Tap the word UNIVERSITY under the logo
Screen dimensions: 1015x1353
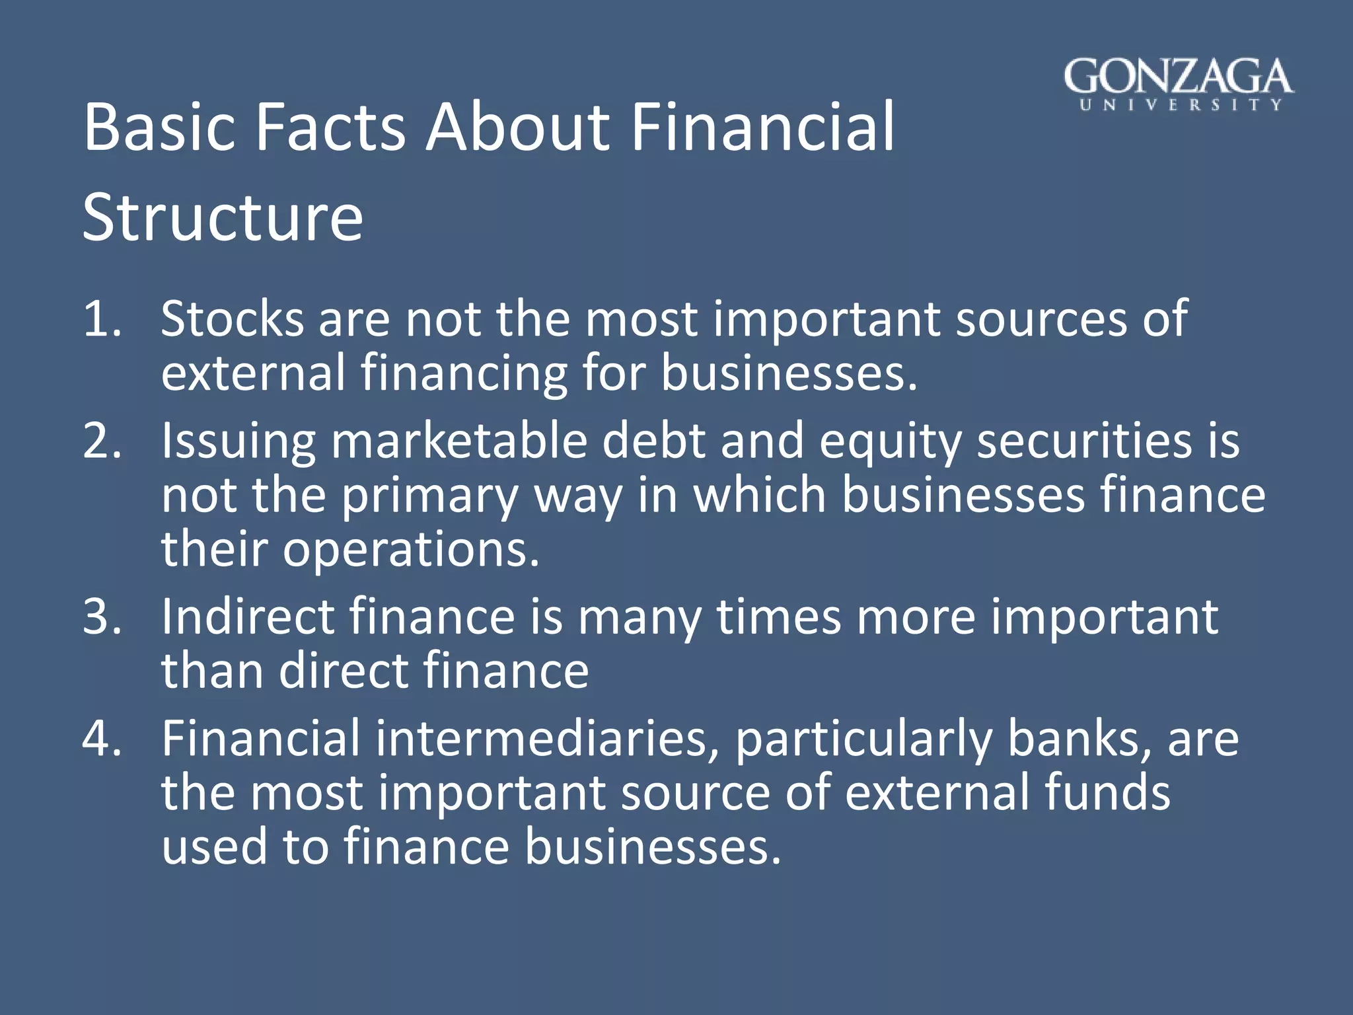click(1181, 104)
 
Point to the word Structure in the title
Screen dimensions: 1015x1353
click(223, 217)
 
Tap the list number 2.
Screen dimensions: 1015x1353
click(102, 441)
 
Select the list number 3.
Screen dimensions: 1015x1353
click(102, 617)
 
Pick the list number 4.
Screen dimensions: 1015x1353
click(102, 738)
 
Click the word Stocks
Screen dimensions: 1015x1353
click(233, 319)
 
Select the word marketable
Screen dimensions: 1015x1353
click(458, 441)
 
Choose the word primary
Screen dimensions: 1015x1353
click(430, 496)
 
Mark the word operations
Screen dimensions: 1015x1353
click(411, 550)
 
